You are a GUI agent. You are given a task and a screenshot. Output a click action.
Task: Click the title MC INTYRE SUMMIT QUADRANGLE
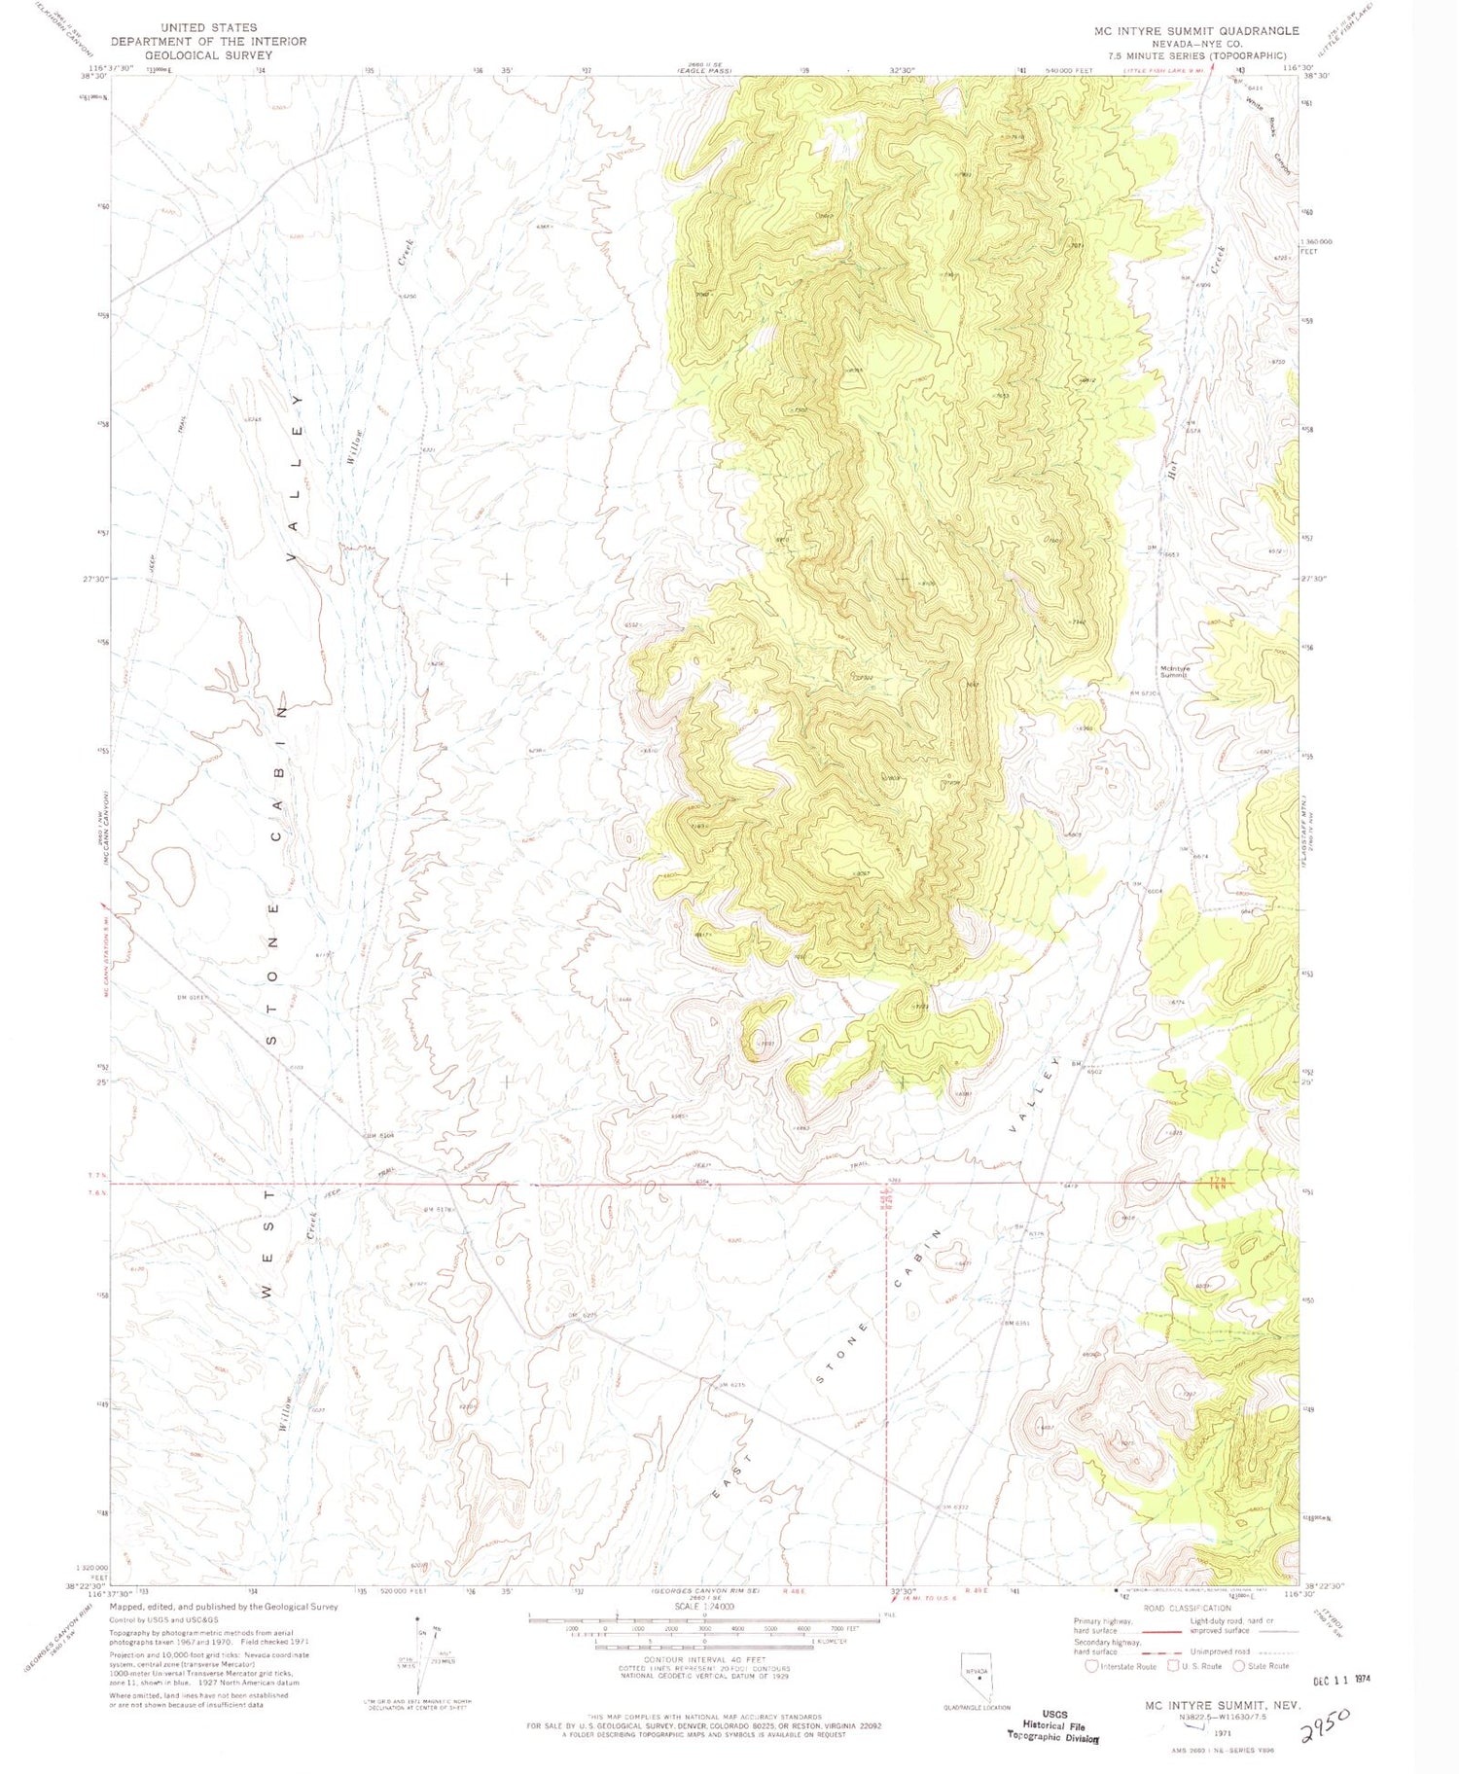1195,31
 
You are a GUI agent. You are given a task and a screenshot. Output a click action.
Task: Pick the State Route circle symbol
1238,1665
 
